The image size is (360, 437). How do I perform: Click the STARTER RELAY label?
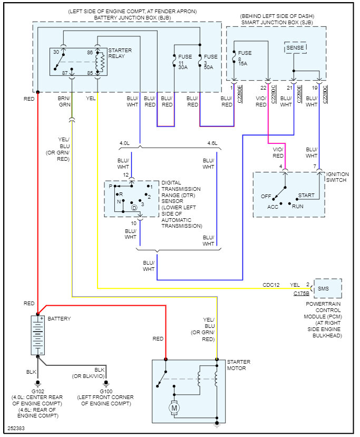point(120,54)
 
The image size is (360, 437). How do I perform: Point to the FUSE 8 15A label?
point(245,57)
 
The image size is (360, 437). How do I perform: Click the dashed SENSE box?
point(295,48)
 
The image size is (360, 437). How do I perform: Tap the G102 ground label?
point(37,392)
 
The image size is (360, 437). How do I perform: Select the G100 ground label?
point(106,392)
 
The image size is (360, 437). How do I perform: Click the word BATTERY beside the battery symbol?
point(59,319)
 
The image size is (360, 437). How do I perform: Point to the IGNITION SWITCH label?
point(338,177)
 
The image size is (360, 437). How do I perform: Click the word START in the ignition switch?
point(306,196)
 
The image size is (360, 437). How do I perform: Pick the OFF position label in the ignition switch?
point(266,197)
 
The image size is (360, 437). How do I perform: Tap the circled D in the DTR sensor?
point(134,208)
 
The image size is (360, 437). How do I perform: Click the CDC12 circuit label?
point(271,285)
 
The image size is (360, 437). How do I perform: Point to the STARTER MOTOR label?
point(238,365)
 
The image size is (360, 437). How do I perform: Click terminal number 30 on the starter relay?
point(56,53)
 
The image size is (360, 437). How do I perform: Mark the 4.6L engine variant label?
point(212,143)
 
